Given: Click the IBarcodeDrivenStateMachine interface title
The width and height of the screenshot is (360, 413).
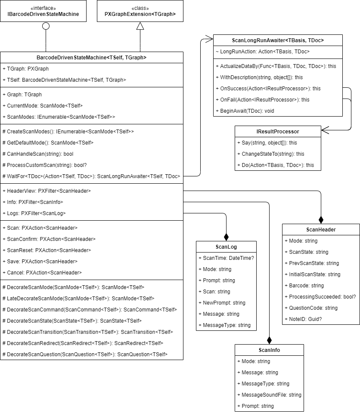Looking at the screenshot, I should point(43,14).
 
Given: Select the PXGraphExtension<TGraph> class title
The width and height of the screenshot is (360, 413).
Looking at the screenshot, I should point(140,14).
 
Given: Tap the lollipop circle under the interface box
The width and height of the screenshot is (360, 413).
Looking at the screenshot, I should point(46,26).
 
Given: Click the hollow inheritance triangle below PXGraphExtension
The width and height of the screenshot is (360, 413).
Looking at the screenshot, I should point(140,26).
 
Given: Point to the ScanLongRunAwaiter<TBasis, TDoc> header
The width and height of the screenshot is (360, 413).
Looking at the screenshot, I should point(278,40).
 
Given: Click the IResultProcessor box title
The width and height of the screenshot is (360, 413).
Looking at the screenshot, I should point(278,131).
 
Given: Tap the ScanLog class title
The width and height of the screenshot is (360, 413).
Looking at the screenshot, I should point(226,247).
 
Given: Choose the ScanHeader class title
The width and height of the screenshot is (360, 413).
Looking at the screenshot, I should point(321,229).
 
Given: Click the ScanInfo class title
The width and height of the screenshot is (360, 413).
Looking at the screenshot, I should point(269,350).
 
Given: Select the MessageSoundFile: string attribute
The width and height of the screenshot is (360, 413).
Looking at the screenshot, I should point(269,395).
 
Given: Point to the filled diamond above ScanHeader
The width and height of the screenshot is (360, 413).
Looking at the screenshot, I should point(321,219).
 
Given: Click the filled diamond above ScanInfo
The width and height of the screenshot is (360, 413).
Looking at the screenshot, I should point(269,339).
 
